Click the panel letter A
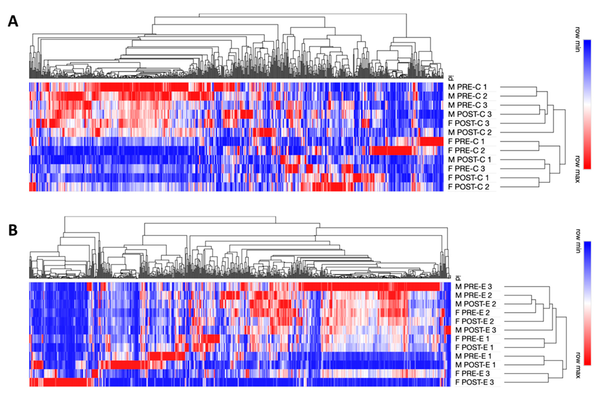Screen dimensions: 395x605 pyautogui.click(x=13, y=21)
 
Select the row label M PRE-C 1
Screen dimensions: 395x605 pyautogui.click(x=467, y=87)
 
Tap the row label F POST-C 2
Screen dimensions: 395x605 pyautogui.click(x=468, y=187)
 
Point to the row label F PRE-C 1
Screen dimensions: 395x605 pyautogui.click(x=466, y=141)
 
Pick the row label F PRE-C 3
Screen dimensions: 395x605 pyautogui.click(x=466, y=169)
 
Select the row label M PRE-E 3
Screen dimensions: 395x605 pyautogui.click(x=473, y=287)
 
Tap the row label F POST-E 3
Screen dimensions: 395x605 pyautogui.click(x=474, y=382)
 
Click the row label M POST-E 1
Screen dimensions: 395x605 pyautogui.click(x=475, y=365)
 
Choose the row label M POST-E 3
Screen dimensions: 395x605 pyautogui.click(x=475, y=330)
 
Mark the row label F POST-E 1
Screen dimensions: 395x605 pyautogui.click(x=474, y=347)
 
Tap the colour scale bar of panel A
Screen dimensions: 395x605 pyautogui.click(x=587, y=104)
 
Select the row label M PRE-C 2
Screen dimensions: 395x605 pyautogui.click(x=467, y=96)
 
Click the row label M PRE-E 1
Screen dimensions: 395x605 pyautogui.click(x=473, y=356)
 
